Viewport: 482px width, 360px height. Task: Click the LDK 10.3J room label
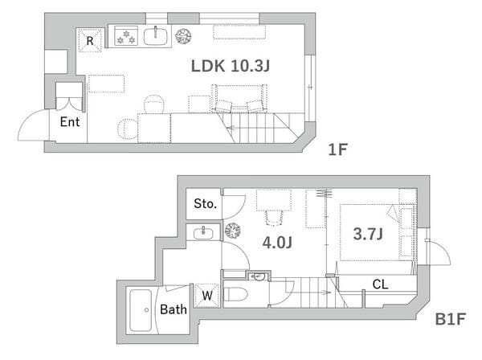tap(231, 66)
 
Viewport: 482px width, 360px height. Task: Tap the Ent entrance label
tap(70, 122)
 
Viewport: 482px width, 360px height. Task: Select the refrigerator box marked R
tap(90, 40)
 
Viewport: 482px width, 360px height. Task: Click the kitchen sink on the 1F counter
tap(156, 37)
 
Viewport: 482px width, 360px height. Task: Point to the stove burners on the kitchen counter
tap(126, 36)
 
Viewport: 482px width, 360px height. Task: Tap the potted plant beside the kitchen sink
tap(183, 36)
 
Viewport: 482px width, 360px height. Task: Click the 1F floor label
tap(337, 149)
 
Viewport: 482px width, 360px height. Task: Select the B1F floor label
tap(451, 319)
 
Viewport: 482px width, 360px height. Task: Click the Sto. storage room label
tap(205, 203)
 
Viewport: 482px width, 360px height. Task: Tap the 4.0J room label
tap(277, 243)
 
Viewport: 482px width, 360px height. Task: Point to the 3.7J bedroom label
tap(368, 234)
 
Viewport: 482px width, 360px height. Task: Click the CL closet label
tap(380, 284)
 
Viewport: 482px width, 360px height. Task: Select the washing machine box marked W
tap(207, 296)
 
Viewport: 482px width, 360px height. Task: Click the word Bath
tap(174, 309)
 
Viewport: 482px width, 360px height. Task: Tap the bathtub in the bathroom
tap(141, 310)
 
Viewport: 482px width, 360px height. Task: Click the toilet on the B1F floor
tap(235, 294)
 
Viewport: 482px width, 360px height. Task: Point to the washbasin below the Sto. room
tap(203, 233)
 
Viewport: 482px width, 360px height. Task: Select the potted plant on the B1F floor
tap(233, 231)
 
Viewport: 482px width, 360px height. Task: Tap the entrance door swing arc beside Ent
tap(27, 121)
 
